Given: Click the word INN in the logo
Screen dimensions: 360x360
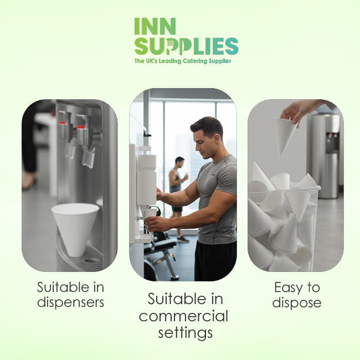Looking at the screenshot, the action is coord(155,27).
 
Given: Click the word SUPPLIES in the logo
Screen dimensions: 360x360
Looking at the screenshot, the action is coord(187,46).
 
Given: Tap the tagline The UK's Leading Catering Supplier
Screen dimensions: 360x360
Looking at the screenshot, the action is coord(183,61).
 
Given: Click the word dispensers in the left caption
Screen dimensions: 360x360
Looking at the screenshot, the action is coord(70,303).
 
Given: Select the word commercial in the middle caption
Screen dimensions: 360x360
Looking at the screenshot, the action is coord(183,316).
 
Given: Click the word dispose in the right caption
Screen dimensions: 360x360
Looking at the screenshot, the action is coord(297,303).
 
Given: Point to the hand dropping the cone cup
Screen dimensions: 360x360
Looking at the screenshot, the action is coord(301,111).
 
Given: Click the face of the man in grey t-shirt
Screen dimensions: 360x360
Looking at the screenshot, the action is coord(203,144).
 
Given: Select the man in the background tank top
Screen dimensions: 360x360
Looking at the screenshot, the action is coord(178,186).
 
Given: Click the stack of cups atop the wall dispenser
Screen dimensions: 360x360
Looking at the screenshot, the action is coord(147,162).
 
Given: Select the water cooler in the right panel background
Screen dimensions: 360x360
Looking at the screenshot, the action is coord(326,156).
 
